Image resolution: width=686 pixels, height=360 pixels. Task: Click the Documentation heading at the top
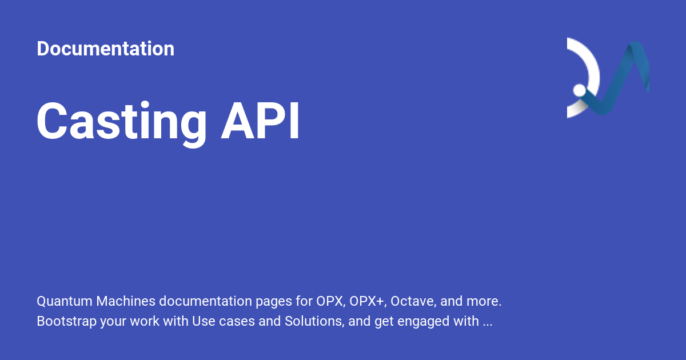tap(105, 49)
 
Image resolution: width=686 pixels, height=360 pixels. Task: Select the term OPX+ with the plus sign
tap(369, 301)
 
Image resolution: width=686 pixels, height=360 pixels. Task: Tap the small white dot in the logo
tap(579, 90)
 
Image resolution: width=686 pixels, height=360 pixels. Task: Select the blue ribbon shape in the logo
tap(629, 74)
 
